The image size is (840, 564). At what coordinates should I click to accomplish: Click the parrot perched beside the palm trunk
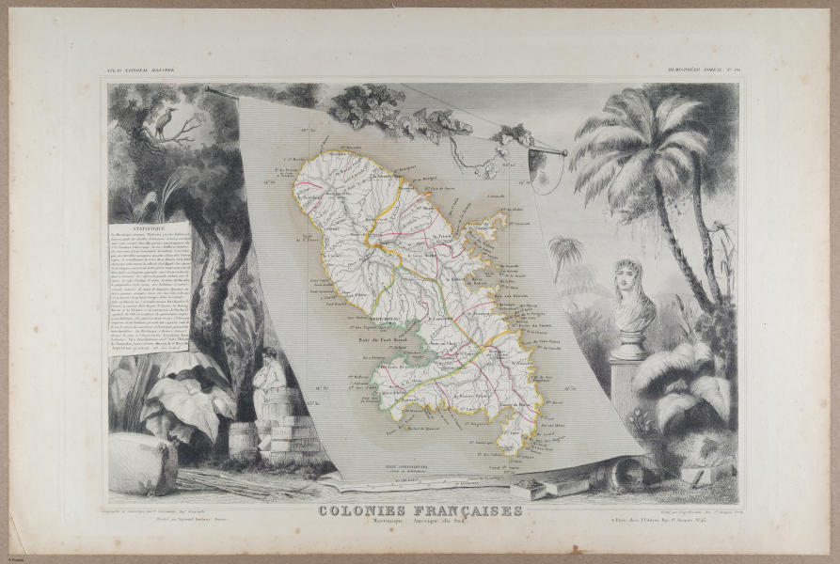(x=722, y=235)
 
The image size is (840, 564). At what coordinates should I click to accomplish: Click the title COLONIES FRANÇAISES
(x=420, y=511)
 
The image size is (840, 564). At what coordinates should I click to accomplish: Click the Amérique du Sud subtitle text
(x=449, y=524)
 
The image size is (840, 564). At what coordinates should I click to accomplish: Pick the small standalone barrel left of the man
(x=243, y=439)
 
